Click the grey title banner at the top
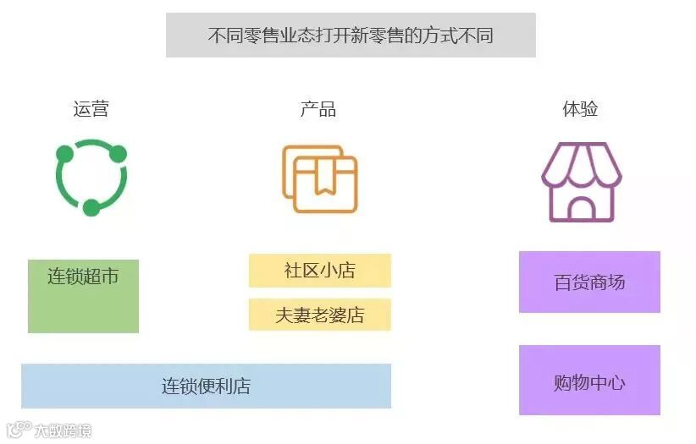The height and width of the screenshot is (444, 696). tap(351, 36)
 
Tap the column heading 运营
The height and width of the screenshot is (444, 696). tap(91, 109)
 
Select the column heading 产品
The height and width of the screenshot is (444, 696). tap(318, 109)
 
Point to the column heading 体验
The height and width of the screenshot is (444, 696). tap(580, 109)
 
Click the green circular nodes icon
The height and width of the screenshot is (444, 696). tap(91, 178)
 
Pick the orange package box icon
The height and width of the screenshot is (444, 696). tap(320, 178)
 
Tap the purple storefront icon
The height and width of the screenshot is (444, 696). tap(581, 181)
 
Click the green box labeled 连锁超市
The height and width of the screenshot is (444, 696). tap(83, 296)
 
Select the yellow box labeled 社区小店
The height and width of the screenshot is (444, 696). tap(319, 271)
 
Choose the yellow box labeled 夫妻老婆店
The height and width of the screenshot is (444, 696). tap(319, 315)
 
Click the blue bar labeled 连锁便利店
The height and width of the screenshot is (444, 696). tap(206, 386)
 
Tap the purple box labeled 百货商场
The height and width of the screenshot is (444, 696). tap(589, 282)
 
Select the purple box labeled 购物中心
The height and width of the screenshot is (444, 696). tap(589, 381)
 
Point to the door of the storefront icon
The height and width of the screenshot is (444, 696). tap(581, 208)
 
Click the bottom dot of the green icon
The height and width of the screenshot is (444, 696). tap(91, 207)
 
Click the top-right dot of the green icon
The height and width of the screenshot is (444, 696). tap(118, 154)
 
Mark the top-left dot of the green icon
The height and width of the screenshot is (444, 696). tap(64, 154)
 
